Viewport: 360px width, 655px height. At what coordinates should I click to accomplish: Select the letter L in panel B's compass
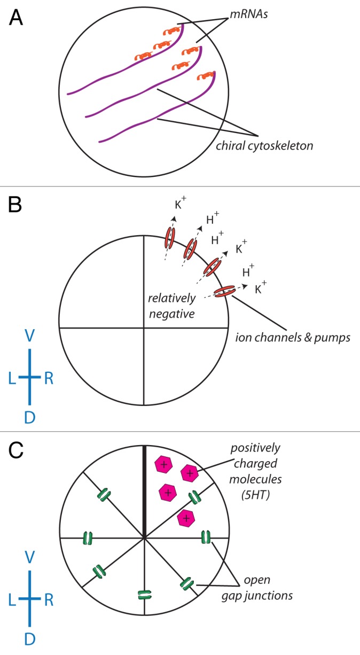click(11, 378)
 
